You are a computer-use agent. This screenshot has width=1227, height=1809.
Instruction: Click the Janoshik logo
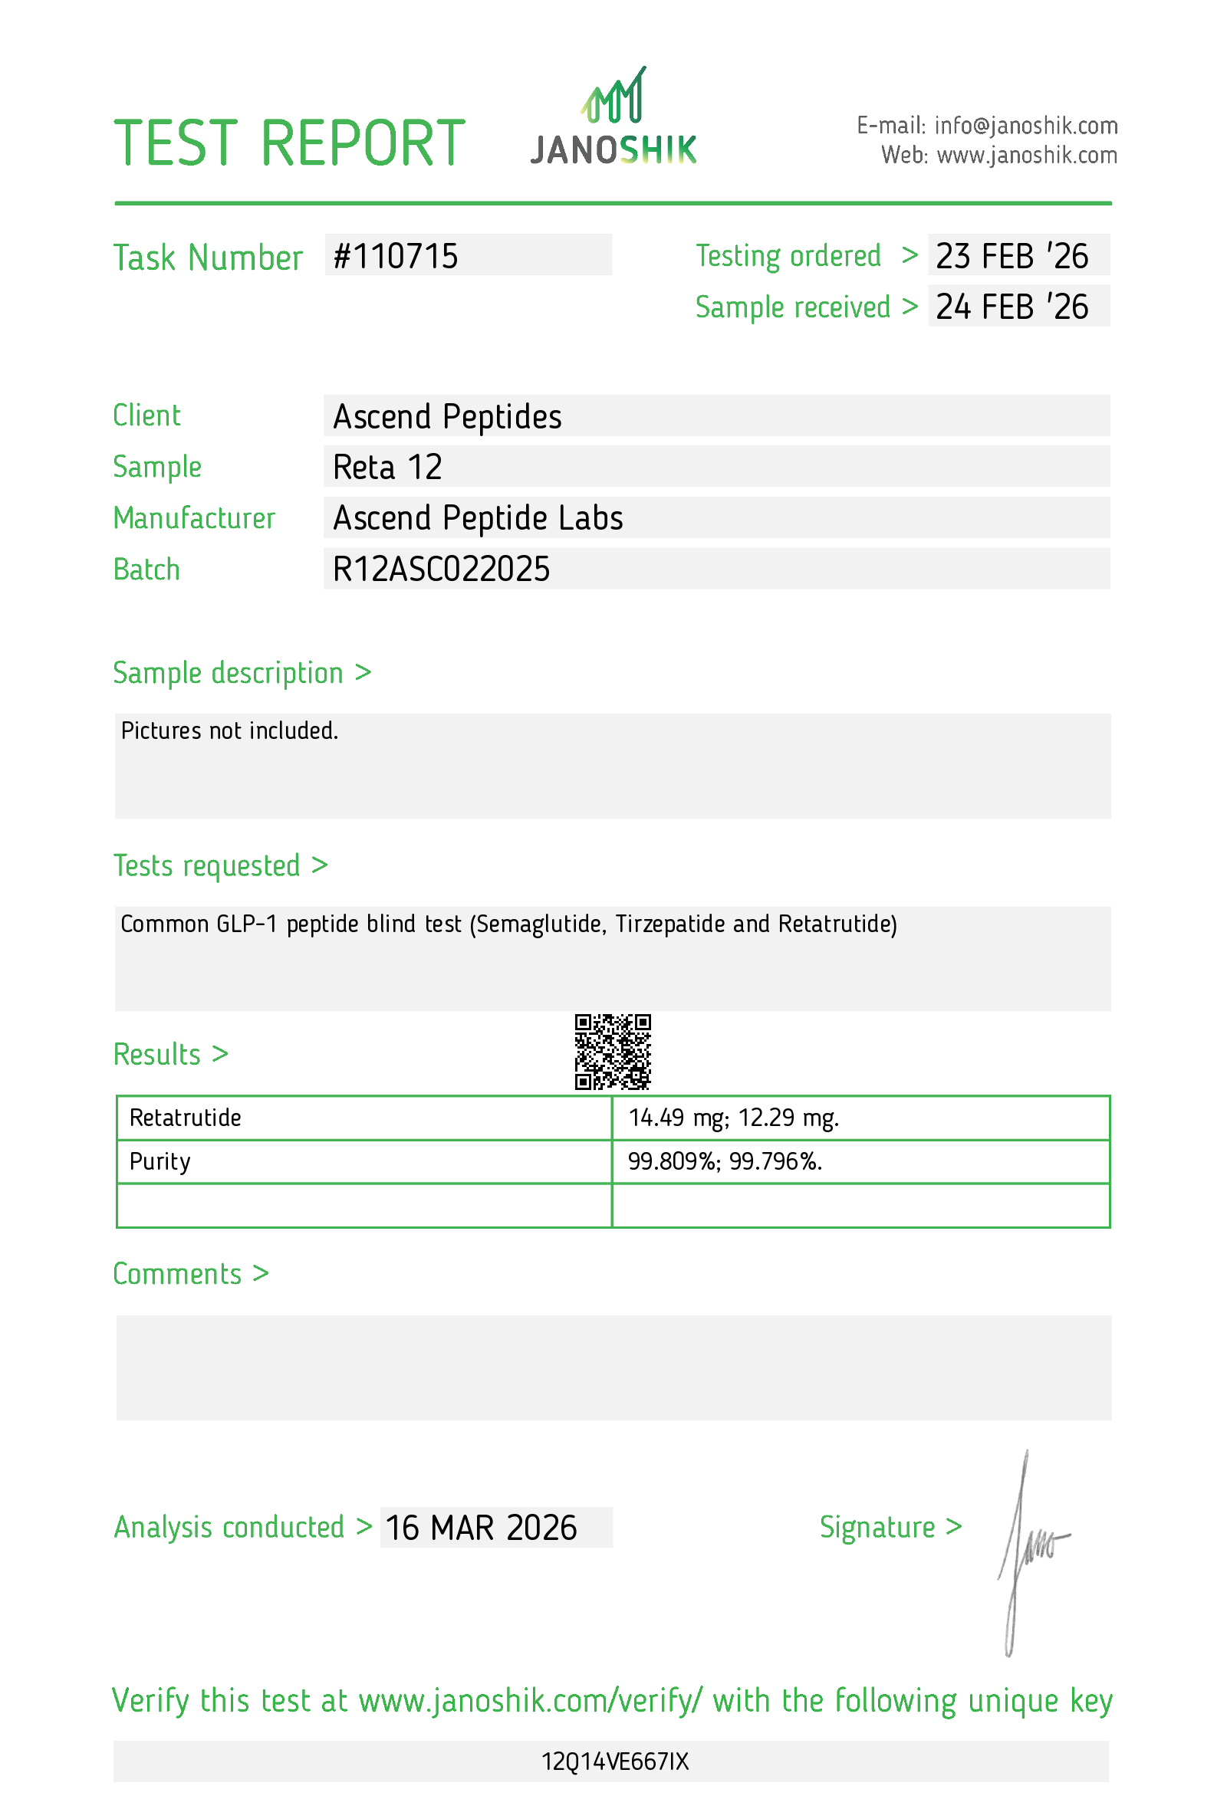[613, 118]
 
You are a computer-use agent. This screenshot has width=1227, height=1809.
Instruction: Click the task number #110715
[396, 256]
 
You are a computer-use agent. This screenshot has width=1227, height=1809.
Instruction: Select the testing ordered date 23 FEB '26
[1012, 256]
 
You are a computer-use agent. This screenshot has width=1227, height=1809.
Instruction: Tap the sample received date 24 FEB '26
[1012, 307]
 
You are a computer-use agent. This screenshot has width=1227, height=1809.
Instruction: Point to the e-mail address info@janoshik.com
[1025, 125]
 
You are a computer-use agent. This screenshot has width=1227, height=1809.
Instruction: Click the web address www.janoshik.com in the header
[1026, 156]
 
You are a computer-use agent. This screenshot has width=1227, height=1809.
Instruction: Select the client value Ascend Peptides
[447, 416]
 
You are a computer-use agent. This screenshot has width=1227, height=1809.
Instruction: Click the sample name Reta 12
[387, 467]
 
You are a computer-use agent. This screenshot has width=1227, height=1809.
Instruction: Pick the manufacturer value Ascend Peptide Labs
[477, 518]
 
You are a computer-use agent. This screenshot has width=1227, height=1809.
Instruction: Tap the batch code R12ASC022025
[441, 569]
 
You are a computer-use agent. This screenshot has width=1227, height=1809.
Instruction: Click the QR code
[612, 1051]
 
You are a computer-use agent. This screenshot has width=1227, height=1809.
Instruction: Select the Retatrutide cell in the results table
[186, 1118]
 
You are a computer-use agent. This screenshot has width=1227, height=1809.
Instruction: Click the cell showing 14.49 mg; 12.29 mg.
[732, 1118]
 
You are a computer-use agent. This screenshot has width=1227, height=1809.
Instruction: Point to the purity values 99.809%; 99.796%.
[724, 1161]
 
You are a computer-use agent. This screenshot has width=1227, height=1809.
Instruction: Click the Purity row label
[160, 1161]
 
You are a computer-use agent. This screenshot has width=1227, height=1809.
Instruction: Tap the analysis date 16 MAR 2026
[481, 1527]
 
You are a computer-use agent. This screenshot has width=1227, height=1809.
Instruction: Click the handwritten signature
[1028, 1549]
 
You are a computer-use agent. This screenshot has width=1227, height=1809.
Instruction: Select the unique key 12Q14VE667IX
[614, 1761]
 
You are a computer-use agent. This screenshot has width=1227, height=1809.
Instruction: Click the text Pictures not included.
[229, 730]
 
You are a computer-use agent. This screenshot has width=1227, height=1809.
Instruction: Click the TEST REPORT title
[289, 143]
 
